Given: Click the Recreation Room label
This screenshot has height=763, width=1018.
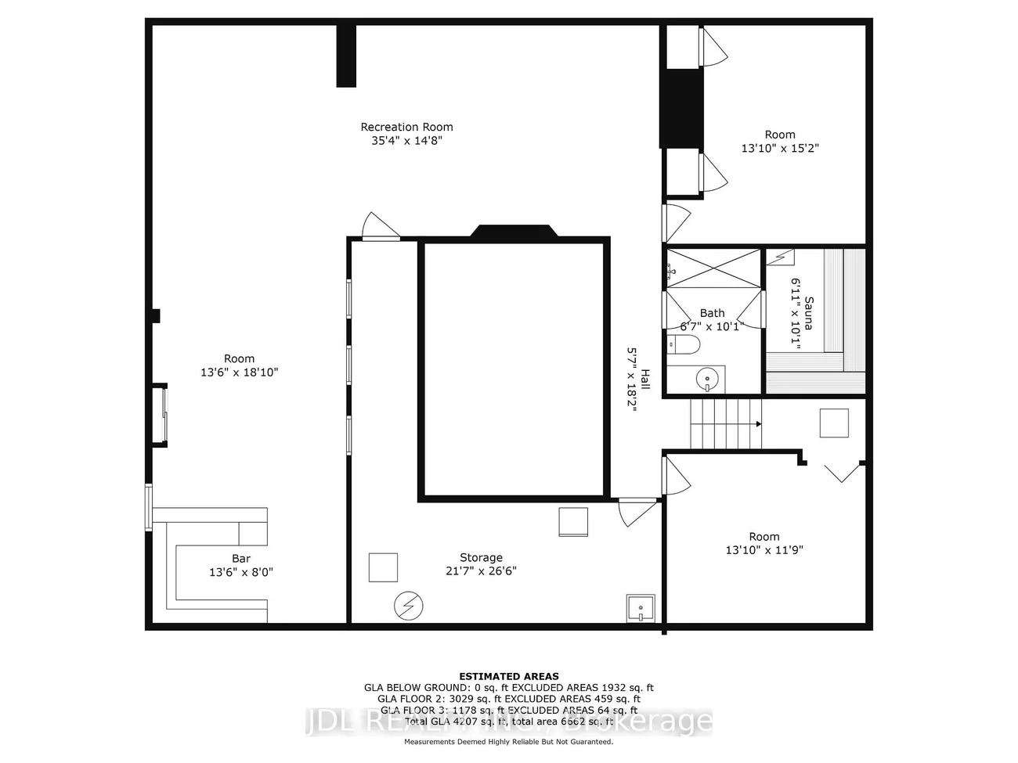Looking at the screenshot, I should click(406, 127).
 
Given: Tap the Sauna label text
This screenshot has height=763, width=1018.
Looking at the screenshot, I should click(808, 313).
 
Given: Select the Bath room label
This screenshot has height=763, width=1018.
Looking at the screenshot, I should click(712, 313).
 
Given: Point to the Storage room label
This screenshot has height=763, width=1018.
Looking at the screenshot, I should click(481, 558).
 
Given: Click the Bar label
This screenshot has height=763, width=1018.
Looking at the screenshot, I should click(241, 559).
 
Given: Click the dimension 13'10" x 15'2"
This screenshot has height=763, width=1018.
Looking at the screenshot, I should click(780, 148).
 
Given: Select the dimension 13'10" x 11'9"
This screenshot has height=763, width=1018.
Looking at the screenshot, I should click(764, 550).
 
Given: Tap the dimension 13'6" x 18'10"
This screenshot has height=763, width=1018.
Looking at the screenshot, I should click(240, 373).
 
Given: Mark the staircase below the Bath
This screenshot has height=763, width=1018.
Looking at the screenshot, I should click(725, 423).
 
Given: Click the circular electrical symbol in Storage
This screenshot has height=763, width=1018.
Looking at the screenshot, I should click(408, 605).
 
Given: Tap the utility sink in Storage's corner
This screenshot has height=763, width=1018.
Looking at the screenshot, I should click(640, 608).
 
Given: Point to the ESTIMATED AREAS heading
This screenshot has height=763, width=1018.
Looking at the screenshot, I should click(509, 676).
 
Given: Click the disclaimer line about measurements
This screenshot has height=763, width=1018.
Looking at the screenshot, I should click(509, 741).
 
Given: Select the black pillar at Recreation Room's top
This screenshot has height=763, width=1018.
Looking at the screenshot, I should click(346, 56).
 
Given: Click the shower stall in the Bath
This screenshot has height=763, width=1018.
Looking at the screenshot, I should click(713, 268).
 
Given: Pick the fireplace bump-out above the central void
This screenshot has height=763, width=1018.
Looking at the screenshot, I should click(514, 232).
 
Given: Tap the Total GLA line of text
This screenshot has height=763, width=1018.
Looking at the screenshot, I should click(509, 721).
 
